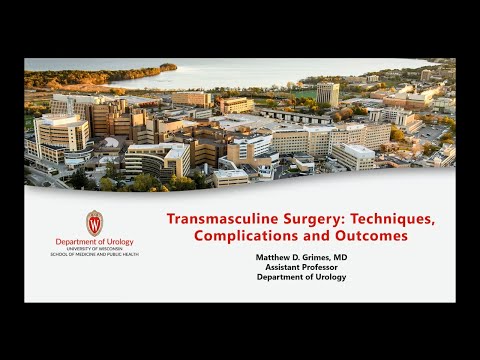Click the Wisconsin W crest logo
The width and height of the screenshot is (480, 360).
pos(94,223)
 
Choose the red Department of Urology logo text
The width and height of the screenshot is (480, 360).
pos(94,242)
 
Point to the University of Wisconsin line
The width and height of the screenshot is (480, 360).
pos(94,249)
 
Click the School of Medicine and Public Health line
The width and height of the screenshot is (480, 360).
pos(94,254)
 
